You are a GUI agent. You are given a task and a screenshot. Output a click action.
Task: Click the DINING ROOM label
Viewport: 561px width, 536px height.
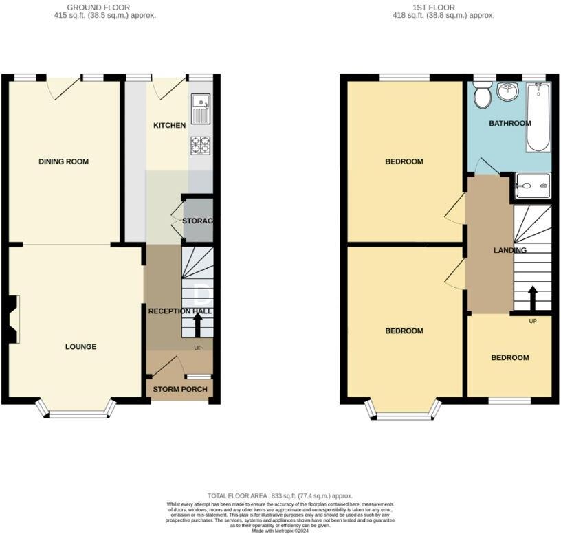63,162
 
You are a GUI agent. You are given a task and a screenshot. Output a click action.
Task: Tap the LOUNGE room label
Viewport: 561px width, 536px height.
80,346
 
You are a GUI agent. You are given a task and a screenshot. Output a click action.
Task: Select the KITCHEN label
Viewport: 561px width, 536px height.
169,126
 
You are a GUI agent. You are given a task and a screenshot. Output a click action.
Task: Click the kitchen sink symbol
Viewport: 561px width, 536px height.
201,109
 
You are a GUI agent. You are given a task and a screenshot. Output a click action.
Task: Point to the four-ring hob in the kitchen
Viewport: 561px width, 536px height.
200,146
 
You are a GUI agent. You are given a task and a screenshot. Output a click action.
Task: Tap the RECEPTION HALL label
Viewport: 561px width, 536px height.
180,311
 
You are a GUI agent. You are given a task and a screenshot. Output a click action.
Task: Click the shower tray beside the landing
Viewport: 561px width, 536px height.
533,183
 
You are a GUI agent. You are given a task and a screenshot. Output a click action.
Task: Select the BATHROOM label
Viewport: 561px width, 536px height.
509,124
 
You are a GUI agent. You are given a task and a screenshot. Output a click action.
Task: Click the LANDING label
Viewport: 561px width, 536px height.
509,250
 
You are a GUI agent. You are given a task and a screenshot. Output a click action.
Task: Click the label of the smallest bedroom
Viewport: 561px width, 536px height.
509,358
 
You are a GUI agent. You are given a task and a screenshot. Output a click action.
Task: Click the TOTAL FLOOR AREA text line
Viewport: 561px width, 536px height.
280,495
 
